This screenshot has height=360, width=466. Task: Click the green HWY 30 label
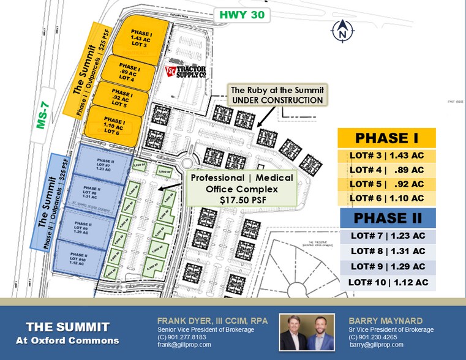pos(244,15)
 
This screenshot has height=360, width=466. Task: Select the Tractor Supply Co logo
pos(186,73)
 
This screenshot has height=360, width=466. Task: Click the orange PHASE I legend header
pos(386,137)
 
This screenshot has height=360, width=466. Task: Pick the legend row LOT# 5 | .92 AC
pos(386,184)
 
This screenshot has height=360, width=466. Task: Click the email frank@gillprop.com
pos(184,345)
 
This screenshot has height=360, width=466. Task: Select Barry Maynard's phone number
pos(373,337)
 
